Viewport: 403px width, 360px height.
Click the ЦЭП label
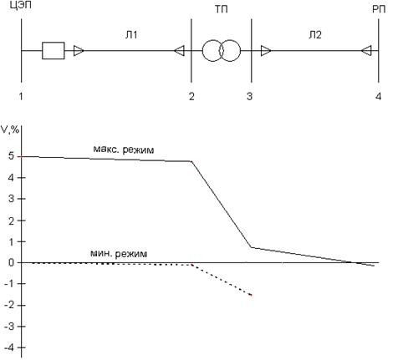click(20, 5)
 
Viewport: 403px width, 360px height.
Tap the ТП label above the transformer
click(221, 9)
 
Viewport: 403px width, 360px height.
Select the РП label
click(379, 9)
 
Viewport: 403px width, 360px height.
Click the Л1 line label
click(131, 35)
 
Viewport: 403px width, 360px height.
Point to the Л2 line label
click(315, 35)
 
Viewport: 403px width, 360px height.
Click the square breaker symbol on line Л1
click(54, 51)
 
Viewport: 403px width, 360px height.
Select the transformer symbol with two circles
click(222, 51)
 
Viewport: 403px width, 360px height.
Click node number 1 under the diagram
click(21, 96)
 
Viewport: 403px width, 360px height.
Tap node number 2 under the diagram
click(191, 96)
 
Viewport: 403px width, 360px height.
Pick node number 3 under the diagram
click(249, 96)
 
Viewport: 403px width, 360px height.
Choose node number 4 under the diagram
click(378, 96)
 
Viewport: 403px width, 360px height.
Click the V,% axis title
click(10, 129)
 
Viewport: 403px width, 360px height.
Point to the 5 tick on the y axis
click(11, 156)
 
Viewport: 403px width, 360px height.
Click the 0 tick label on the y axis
click(11, 262)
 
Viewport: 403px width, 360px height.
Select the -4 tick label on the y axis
click(9, 347)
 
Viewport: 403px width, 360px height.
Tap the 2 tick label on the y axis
click(11, 221)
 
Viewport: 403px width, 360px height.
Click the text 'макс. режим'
click(124, 150)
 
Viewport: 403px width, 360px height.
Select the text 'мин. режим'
click(119, 254)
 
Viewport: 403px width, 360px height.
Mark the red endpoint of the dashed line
click(252, 295)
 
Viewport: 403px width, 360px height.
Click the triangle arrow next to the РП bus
click(366, 51)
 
